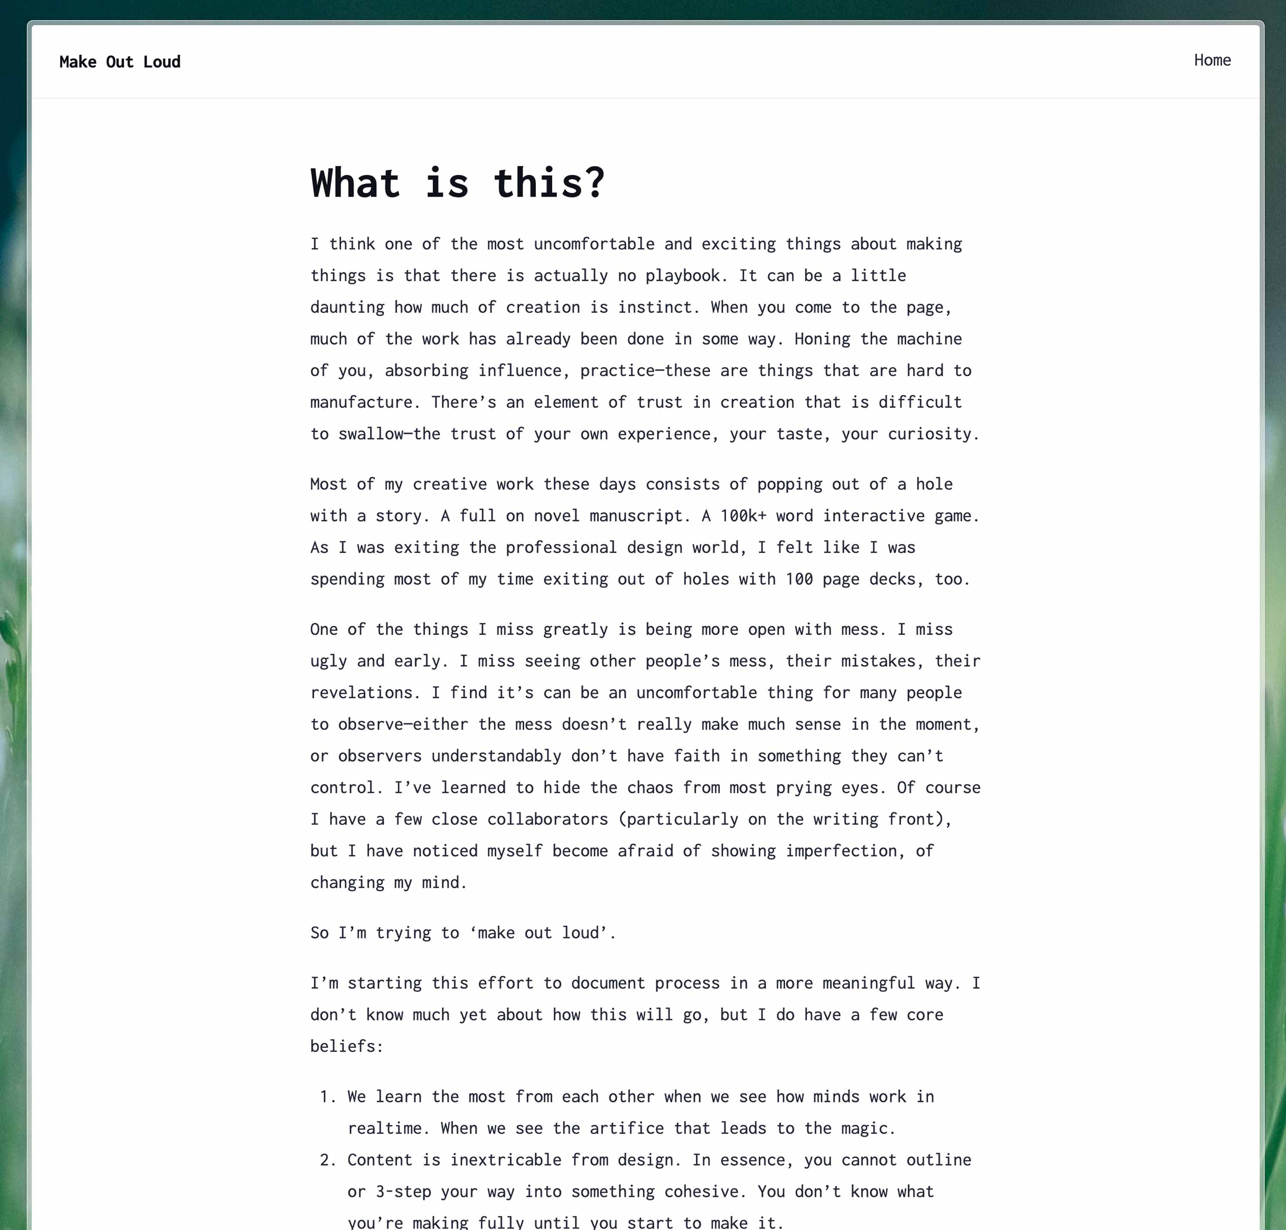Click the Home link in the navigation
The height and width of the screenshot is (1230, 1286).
[x=1212, y=60]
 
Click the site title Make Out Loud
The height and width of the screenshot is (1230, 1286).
[x=120, y=62]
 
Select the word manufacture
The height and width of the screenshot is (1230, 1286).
[x=361, y=402]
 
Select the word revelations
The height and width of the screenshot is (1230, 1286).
[x=361, y=692]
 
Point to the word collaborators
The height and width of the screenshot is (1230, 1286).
[x=547, y=819]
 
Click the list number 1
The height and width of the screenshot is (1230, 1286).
[x=327, y=1097]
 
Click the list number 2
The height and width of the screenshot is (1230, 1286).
[x=327, y=1160]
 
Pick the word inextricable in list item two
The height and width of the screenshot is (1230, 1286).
[x=505, y=1160]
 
